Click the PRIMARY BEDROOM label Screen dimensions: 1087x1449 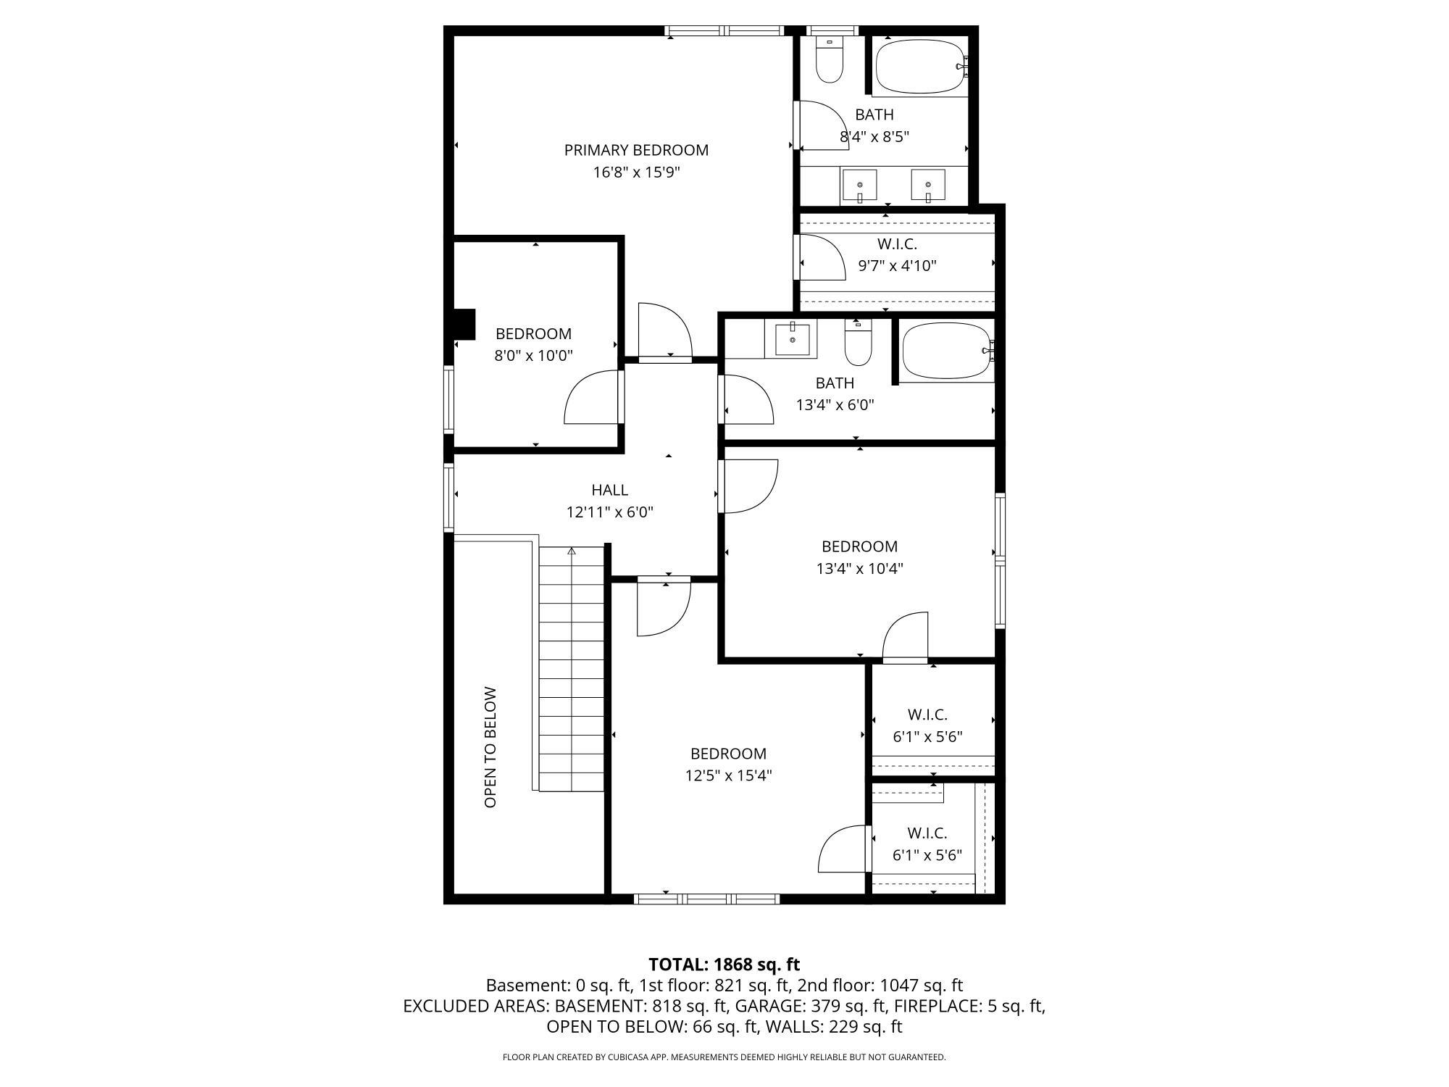636,150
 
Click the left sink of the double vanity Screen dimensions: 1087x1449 859,186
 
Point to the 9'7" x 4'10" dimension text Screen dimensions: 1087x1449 897,266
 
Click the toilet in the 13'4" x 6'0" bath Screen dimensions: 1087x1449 858,345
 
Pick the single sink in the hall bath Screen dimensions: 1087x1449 792,338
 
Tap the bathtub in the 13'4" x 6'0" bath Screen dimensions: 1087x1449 946,351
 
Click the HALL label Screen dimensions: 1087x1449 609,491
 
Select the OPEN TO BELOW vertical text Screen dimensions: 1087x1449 490,747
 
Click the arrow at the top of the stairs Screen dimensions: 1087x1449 571,551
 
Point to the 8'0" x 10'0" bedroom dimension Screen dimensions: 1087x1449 534,356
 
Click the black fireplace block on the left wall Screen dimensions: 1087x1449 463,324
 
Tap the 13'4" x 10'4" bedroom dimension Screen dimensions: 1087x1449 859,569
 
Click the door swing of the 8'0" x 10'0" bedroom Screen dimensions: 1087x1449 590,399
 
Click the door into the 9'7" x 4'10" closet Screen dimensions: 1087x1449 822,258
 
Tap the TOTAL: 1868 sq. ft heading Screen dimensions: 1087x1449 724,965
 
